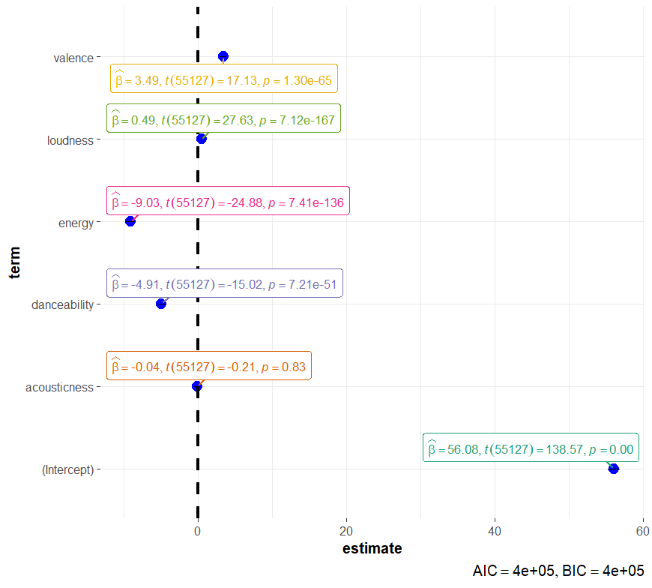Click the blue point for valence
tap(223, 56)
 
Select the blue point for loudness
tap(201, 139)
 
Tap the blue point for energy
tap(130, 221)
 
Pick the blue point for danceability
tap(160, 304)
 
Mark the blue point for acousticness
tap(197, 386)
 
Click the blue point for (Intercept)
tap(614, 469)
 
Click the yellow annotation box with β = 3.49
tap(224, 78)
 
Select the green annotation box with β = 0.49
tap(223, 118)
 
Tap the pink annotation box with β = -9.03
tap(228, 201)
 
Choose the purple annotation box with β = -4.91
tap(225, 283)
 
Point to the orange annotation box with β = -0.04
tap(209, 366)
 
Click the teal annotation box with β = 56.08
tap(531, 448)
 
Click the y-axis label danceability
tap(63, 304)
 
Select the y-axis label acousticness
tap(60, 387)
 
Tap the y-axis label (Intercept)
tap(67, 469)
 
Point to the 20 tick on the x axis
tap(346, 530)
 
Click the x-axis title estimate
tap(372, 549)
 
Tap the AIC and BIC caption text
tap(558, 571)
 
